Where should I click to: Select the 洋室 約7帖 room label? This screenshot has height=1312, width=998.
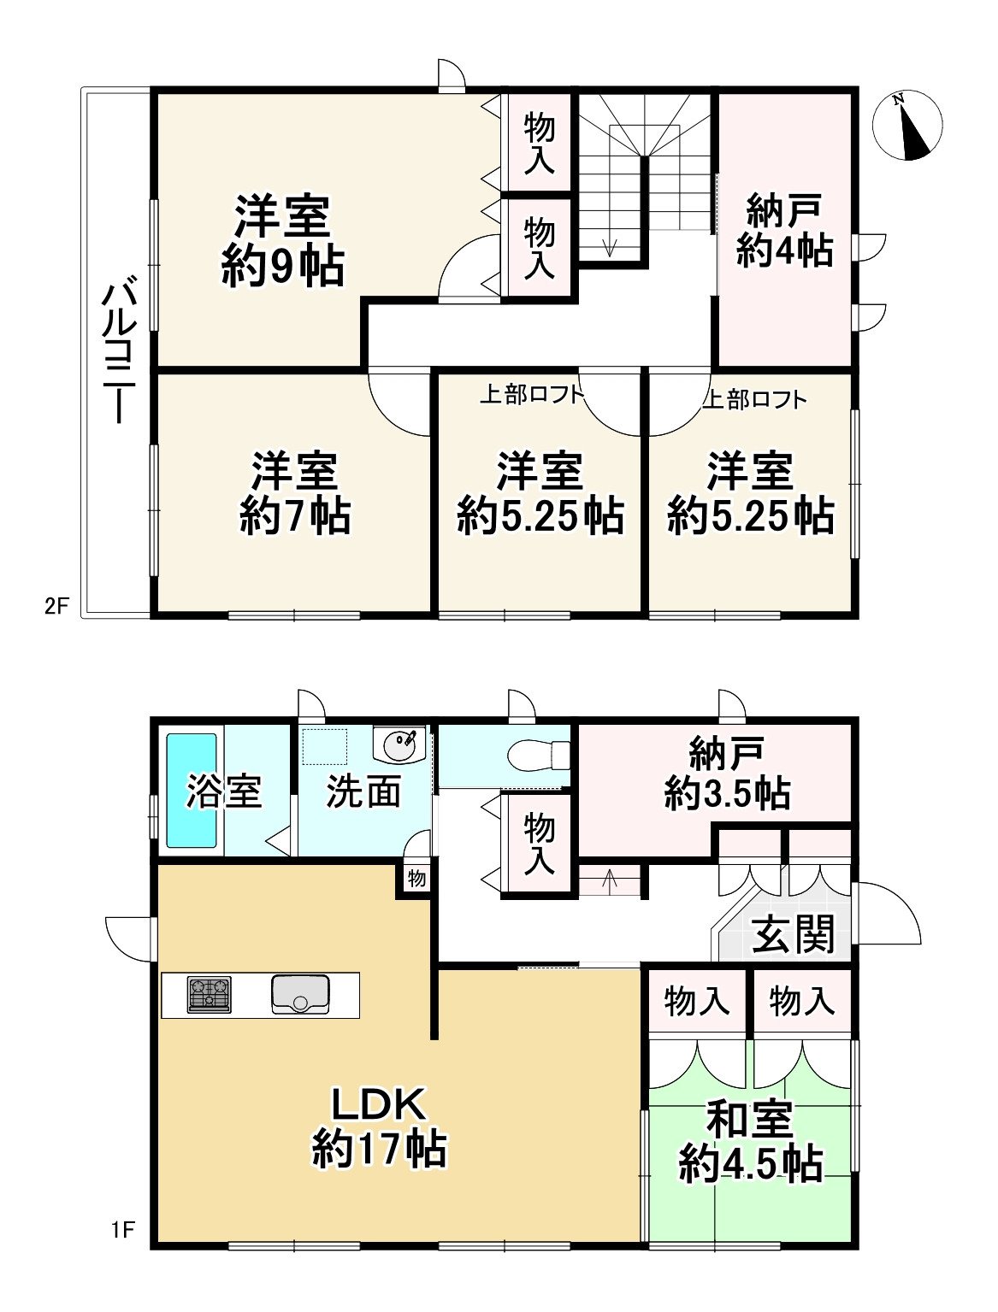(x=294, y=493)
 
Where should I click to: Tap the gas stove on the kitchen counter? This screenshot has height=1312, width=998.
(x=210, y=995)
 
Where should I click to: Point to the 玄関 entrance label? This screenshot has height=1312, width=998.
(x=793, y=934)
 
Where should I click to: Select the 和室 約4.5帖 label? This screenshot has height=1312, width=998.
(x=750, y=1141)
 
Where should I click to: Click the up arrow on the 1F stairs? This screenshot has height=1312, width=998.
(x=609, y=878)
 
